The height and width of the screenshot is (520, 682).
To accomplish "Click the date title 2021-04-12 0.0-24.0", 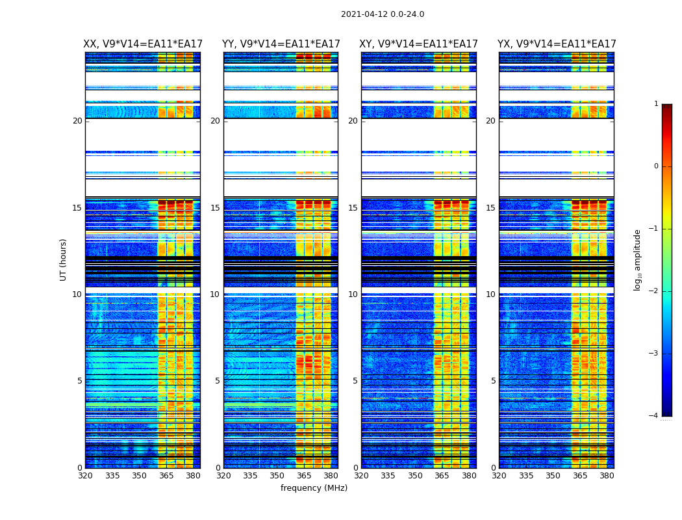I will click(382, 14).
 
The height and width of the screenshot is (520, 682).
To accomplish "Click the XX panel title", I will click(142, 44).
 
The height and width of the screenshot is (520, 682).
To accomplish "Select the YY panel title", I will click(281, 44).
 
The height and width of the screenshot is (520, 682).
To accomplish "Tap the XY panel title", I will click(419, 44).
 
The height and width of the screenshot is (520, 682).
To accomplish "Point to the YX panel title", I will click(557, 44).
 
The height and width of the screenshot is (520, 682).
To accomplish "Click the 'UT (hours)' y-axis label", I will click(64, 259).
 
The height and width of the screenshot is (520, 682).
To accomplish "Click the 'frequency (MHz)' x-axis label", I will click(314, 488).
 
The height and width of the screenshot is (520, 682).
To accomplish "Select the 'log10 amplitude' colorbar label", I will click(638, 259).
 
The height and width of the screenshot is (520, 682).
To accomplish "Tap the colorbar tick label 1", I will click(655, 104).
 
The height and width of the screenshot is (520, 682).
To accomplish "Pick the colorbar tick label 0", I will click(655, 166).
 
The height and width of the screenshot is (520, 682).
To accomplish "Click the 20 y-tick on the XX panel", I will click(77, 121).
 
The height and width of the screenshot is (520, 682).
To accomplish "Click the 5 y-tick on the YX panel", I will click(493, 381).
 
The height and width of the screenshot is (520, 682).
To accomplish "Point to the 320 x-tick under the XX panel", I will click(85, 476).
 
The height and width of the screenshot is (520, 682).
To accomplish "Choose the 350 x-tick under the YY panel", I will click(277, 476).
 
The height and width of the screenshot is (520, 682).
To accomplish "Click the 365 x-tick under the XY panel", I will click(442, 476).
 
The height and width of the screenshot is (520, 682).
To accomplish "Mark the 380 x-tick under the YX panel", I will click(607, 476).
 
